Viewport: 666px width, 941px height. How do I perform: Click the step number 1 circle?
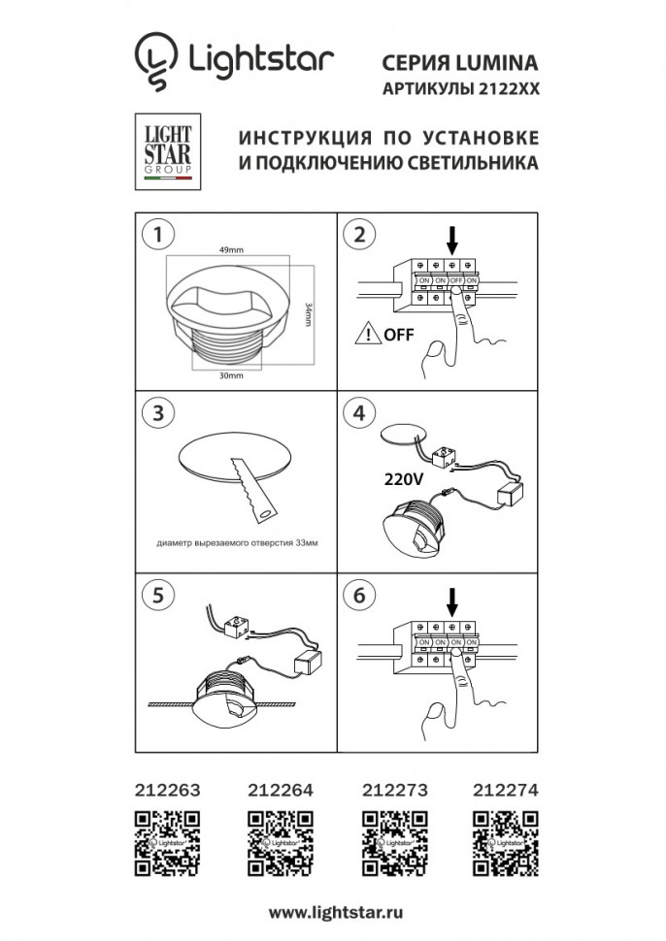point(157,235)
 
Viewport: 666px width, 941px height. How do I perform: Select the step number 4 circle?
point(360,412)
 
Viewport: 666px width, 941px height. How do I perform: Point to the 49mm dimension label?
point(230,251)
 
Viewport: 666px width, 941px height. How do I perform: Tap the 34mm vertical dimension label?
point(308,316)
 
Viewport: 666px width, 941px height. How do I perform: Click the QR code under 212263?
point(166,839)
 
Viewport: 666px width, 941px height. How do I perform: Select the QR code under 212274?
point(501,839)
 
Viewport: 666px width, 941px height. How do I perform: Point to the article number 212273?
point(393,791)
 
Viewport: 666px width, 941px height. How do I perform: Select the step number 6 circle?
point(360,595)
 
